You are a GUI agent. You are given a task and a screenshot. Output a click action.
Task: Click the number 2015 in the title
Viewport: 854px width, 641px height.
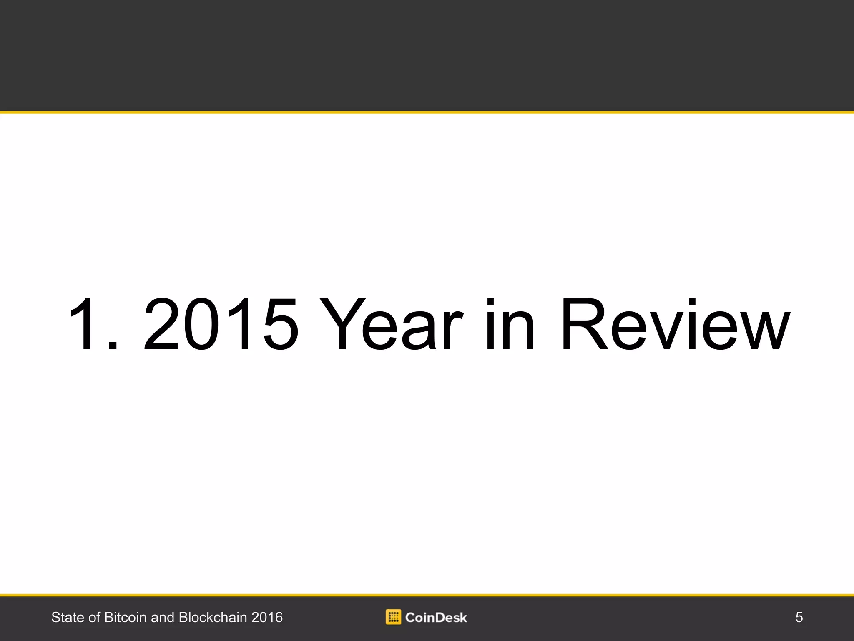pos(221,324)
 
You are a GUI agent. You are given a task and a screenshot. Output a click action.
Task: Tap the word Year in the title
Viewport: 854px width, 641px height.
pos(391,323)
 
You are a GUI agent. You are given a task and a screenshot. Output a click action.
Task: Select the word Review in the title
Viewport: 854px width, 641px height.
pos(675,323)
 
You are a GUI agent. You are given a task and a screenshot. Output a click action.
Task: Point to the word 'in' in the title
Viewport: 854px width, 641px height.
pos(510,324)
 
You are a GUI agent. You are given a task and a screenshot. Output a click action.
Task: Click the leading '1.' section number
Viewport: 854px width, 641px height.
pos(94,324)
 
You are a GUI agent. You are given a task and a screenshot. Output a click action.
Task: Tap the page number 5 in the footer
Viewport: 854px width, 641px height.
pos(799,617)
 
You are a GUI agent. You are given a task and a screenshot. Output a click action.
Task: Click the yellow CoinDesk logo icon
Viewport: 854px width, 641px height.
pos(393,617)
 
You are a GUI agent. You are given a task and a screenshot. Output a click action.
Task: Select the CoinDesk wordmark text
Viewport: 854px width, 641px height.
pos(436,617)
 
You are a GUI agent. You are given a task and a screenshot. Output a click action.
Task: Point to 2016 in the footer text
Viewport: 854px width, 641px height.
pos(267,617)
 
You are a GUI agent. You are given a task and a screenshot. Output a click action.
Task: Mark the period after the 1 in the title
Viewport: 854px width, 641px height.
pos(113,345)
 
